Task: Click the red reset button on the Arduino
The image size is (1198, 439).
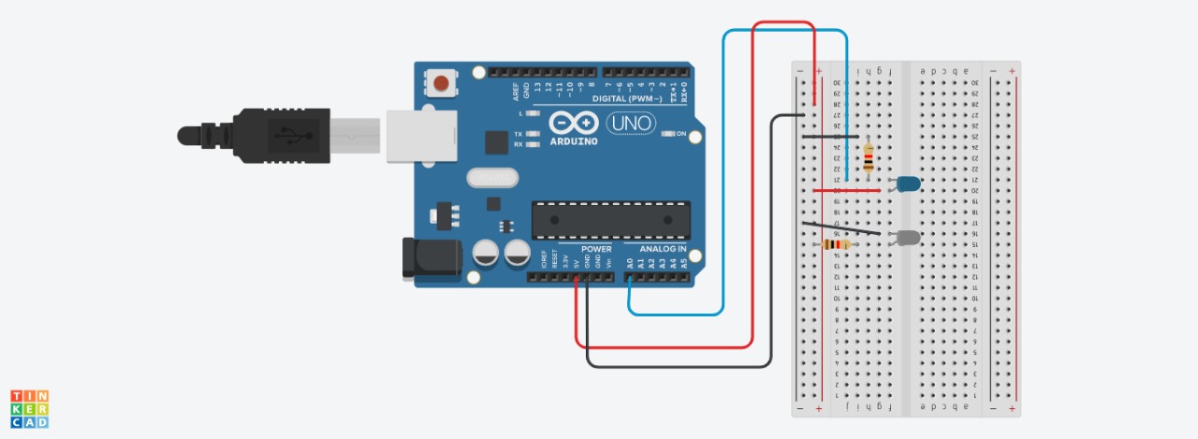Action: pos(442,84)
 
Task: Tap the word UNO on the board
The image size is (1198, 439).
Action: pos(631,123)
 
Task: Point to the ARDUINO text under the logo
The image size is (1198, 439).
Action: pos(574,141)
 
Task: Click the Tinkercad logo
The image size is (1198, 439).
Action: pos(30,409)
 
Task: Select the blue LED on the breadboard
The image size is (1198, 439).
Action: pos(908,183)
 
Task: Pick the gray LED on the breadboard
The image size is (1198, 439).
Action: pos(908,238)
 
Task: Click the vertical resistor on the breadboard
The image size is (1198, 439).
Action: pos(869,159)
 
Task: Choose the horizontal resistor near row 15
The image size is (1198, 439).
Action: pos(836,245)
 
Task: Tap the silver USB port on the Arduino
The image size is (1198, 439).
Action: pos(421,136)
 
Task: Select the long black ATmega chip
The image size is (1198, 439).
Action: pos(611,220)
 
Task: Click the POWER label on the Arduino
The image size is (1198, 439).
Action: pos(596,250)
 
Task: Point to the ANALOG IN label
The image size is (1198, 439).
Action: pos(663,250)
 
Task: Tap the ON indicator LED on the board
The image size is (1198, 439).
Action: pos(669,135)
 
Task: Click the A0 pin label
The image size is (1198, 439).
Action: pos(629,264)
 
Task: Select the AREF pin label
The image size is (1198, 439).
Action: pos(516,90)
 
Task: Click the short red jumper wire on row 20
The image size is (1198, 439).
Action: pos(846,190)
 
